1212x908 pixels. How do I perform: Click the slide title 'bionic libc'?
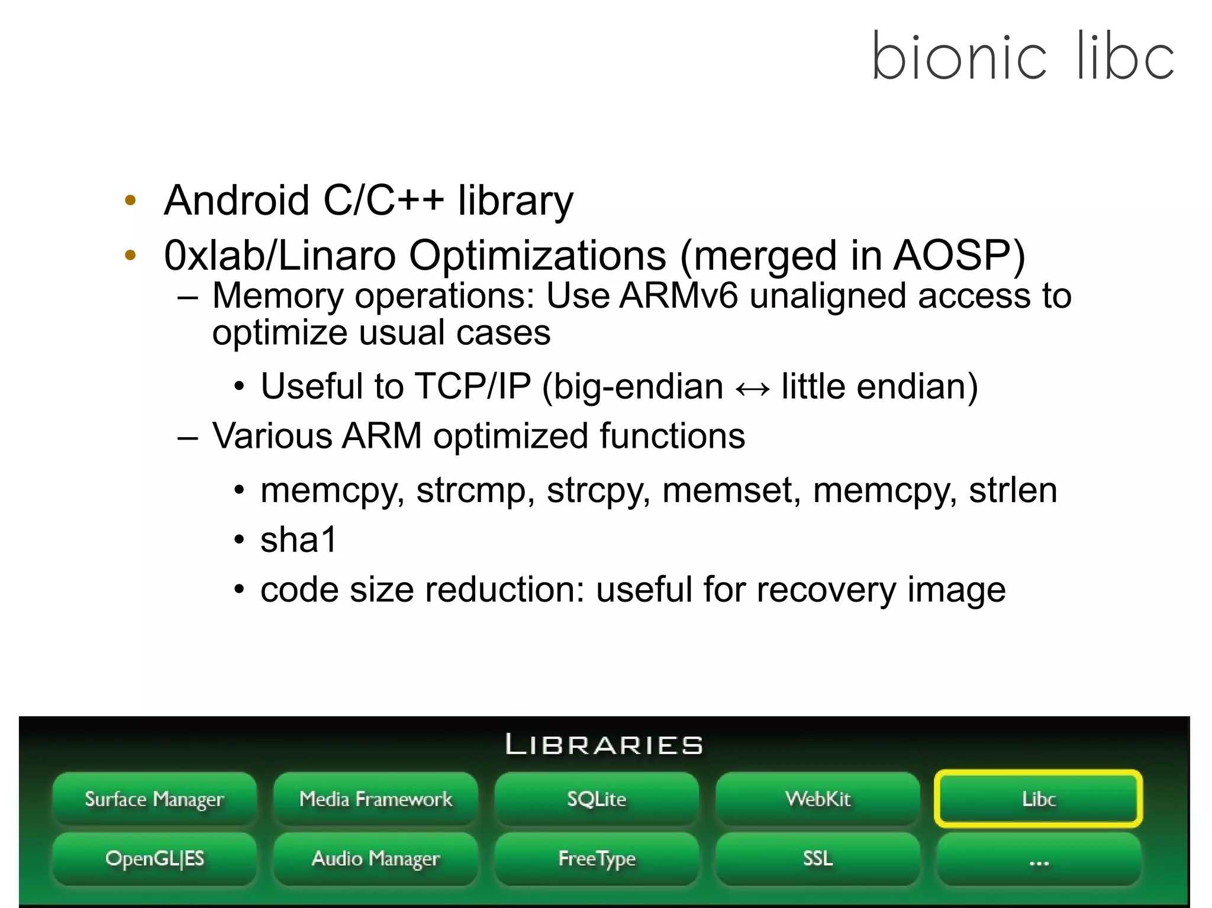click(x=1023, y=57)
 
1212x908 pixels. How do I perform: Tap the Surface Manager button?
click(x=154, y=799)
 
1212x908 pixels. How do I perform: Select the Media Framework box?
click(x=376, y=799)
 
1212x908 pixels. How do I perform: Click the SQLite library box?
click(x=597, y=799)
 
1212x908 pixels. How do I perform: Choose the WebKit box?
click(x=818, y=799)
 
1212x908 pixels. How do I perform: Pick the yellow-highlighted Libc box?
click(x=1039, y=799)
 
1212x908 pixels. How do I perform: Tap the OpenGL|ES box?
click(x=154, y=858)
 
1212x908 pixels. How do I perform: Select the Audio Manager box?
click(x=376, y=858)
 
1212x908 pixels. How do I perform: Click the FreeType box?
click(x=597, y=858)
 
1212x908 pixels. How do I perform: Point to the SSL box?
click(x=818, y=858)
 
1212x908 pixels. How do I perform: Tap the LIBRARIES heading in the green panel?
click(x=604, y=745)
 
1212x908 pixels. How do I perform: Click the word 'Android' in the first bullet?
click(x=237, y=201)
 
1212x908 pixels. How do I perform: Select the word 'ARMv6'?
click(x=679, y=296)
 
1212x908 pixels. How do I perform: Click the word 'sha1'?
click(x=299, y=540)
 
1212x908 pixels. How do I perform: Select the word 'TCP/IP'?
click(x=472, y=387)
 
